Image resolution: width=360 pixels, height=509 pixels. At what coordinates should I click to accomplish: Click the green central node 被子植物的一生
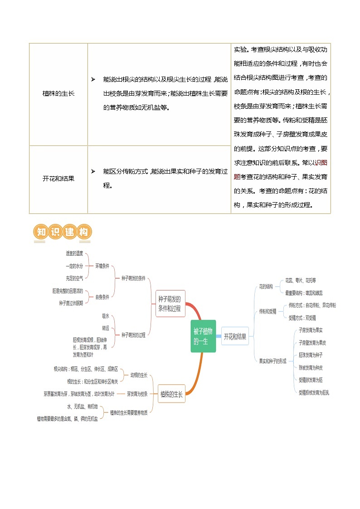[x=203, y=336]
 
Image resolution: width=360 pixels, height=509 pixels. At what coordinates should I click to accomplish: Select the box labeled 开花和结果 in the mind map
[x=235, y=336]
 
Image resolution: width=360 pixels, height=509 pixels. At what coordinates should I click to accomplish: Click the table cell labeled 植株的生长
[x=58, y=94]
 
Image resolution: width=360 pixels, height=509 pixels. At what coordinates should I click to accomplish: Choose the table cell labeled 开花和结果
[x=58, y=179]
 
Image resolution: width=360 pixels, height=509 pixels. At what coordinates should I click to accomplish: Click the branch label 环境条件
[x=102, y=266]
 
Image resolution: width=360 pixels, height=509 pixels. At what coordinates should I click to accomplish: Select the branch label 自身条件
[x=102, y=297]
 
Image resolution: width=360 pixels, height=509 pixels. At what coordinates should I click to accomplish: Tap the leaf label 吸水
[x=105, y=315]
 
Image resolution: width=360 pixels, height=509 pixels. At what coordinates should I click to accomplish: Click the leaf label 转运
[x=105, y=327]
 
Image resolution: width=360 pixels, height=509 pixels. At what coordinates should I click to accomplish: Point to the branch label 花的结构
[x=266, y=286]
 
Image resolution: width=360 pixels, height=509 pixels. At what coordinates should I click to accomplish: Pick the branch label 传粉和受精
[x=268, y=312]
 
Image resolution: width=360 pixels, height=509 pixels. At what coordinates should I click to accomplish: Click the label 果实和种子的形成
[x=272, y=361]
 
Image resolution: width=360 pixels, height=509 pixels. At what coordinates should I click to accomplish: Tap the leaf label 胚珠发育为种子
[x=311, y=354]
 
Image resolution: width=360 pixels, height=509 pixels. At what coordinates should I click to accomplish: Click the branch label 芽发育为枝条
[x=137, y=394]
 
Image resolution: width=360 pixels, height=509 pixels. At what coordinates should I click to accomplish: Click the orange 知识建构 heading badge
[x=63, y=232]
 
